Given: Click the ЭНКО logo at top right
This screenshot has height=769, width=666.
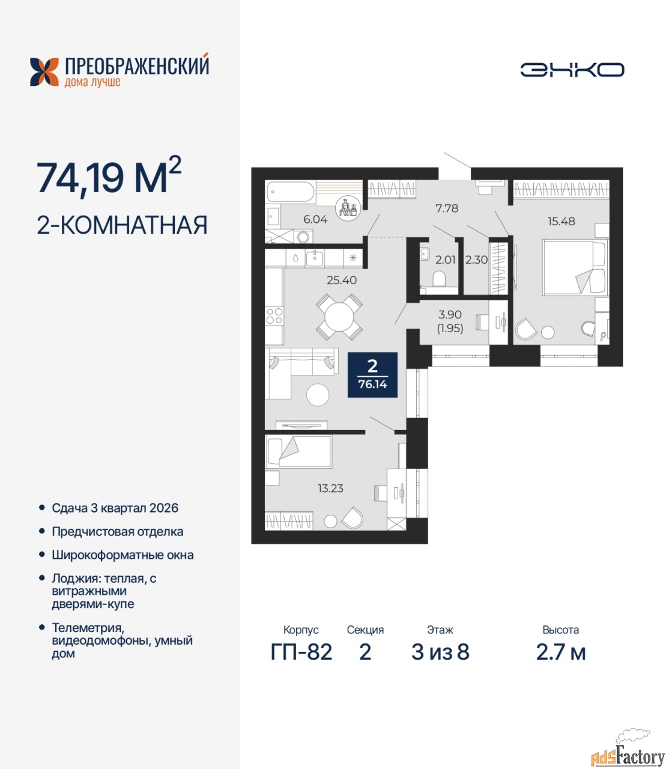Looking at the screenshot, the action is [572, 70].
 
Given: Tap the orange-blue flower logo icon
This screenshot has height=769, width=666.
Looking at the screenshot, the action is [44, 72].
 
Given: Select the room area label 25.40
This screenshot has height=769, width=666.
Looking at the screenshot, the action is [341, 280].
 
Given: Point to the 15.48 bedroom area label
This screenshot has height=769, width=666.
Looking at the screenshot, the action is [561, 221].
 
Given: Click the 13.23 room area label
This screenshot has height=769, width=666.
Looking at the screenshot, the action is [330, 488].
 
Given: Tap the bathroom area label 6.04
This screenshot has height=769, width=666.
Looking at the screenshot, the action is [315, 219].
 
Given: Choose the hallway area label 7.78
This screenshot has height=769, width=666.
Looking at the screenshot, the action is [447, 208].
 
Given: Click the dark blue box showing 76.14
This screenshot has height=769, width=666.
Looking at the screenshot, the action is [372, 375].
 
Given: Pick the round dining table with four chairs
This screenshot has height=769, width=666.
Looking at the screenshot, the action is [339, 317].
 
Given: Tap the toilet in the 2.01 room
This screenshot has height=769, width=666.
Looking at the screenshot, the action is [439, 279].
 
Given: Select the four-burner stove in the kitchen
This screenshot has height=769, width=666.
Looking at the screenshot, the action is [274, 316].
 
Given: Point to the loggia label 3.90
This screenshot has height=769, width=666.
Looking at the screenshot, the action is [450, 315].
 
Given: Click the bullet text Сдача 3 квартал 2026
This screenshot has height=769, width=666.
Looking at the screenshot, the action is [115, 508].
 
